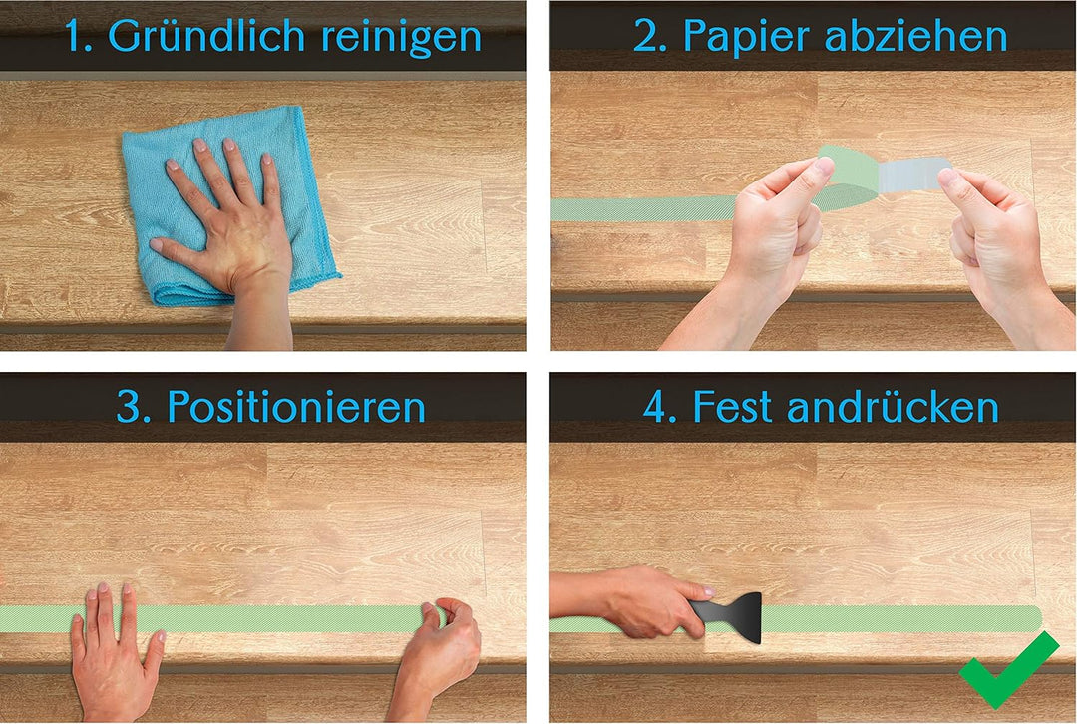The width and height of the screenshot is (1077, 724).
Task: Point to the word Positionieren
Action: click(296, 406)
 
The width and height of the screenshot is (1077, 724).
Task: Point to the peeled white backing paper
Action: click(909, 178)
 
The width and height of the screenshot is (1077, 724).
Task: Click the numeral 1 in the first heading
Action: click(76, 37)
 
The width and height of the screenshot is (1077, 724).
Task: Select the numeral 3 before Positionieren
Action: click(128, 406)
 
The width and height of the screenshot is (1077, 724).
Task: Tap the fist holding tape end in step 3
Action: click(444, 648)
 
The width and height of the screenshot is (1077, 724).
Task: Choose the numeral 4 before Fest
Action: click(656, 406)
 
